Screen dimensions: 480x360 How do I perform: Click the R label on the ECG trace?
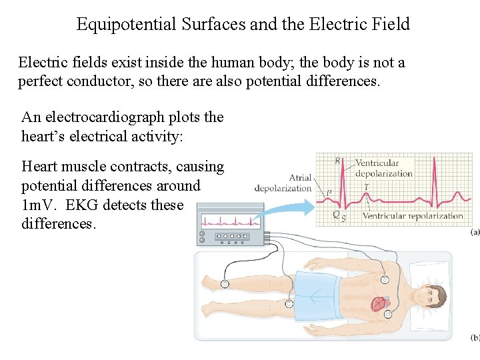point(337,161)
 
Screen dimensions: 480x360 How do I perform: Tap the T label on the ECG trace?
point(366,186)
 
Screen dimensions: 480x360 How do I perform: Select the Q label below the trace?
point(335,215)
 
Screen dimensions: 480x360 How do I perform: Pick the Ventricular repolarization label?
point(413,216)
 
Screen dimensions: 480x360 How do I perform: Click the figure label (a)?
point(474,232)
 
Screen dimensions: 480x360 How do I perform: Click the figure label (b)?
point(474,337)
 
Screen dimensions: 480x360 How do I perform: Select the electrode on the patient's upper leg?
point(289,303)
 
